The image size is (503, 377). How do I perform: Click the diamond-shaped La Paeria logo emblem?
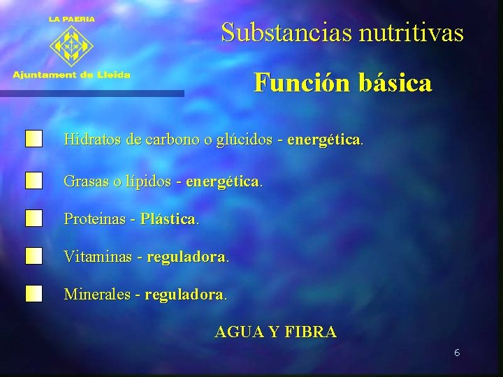(71, 46)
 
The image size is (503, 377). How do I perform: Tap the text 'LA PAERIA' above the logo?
(71, 20)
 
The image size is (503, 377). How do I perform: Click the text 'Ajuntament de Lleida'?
(71, 75)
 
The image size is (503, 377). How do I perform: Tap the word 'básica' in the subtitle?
(395, 84)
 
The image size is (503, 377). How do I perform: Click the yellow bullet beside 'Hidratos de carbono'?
(34, 139)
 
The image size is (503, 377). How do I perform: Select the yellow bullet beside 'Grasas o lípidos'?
(34, 181)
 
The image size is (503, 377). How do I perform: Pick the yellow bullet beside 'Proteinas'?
(34, 219)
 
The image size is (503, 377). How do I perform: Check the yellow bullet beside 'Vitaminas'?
(34, 256)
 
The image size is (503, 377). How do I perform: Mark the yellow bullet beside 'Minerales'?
(34, 293)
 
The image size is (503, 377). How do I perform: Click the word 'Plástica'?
(168, 219)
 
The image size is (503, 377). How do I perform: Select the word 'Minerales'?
(97, 294)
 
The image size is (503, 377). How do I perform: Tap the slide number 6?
(456, 353)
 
